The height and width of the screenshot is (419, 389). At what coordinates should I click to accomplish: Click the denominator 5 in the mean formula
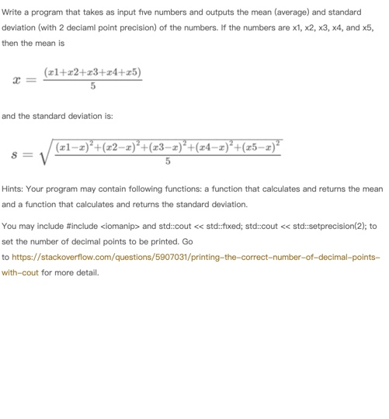(92, 87)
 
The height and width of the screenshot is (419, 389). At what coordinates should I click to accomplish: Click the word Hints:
(13, 189)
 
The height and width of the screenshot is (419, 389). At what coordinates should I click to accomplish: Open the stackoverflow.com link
(194, 257)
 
